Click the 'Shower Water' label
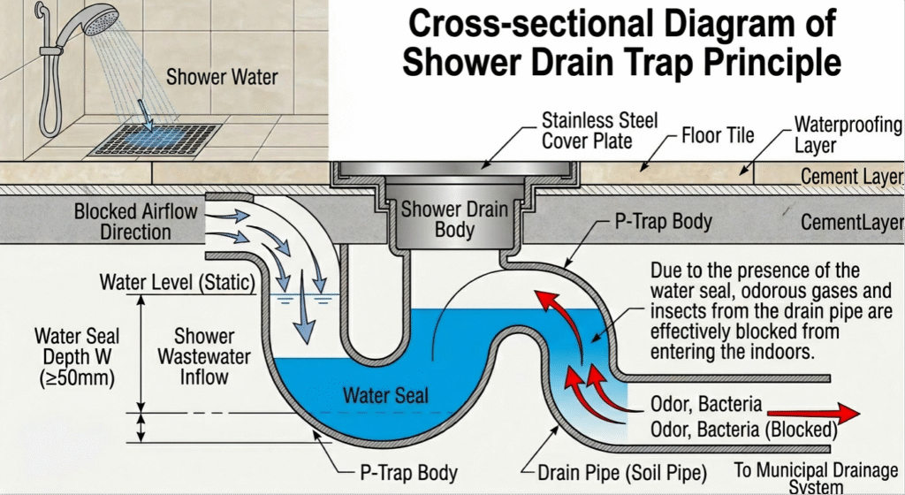click(x=221, y=77)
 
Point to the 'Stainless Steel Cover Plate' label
click(x=599, y=130)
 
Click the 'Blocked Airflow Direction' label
click(x=135, y=222)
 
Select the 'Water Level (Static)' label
click(x=177, y=283)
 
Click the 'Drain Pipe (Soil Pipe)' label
click(x=616, y=471)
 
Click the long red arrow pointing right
click(x=813, y=412)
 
